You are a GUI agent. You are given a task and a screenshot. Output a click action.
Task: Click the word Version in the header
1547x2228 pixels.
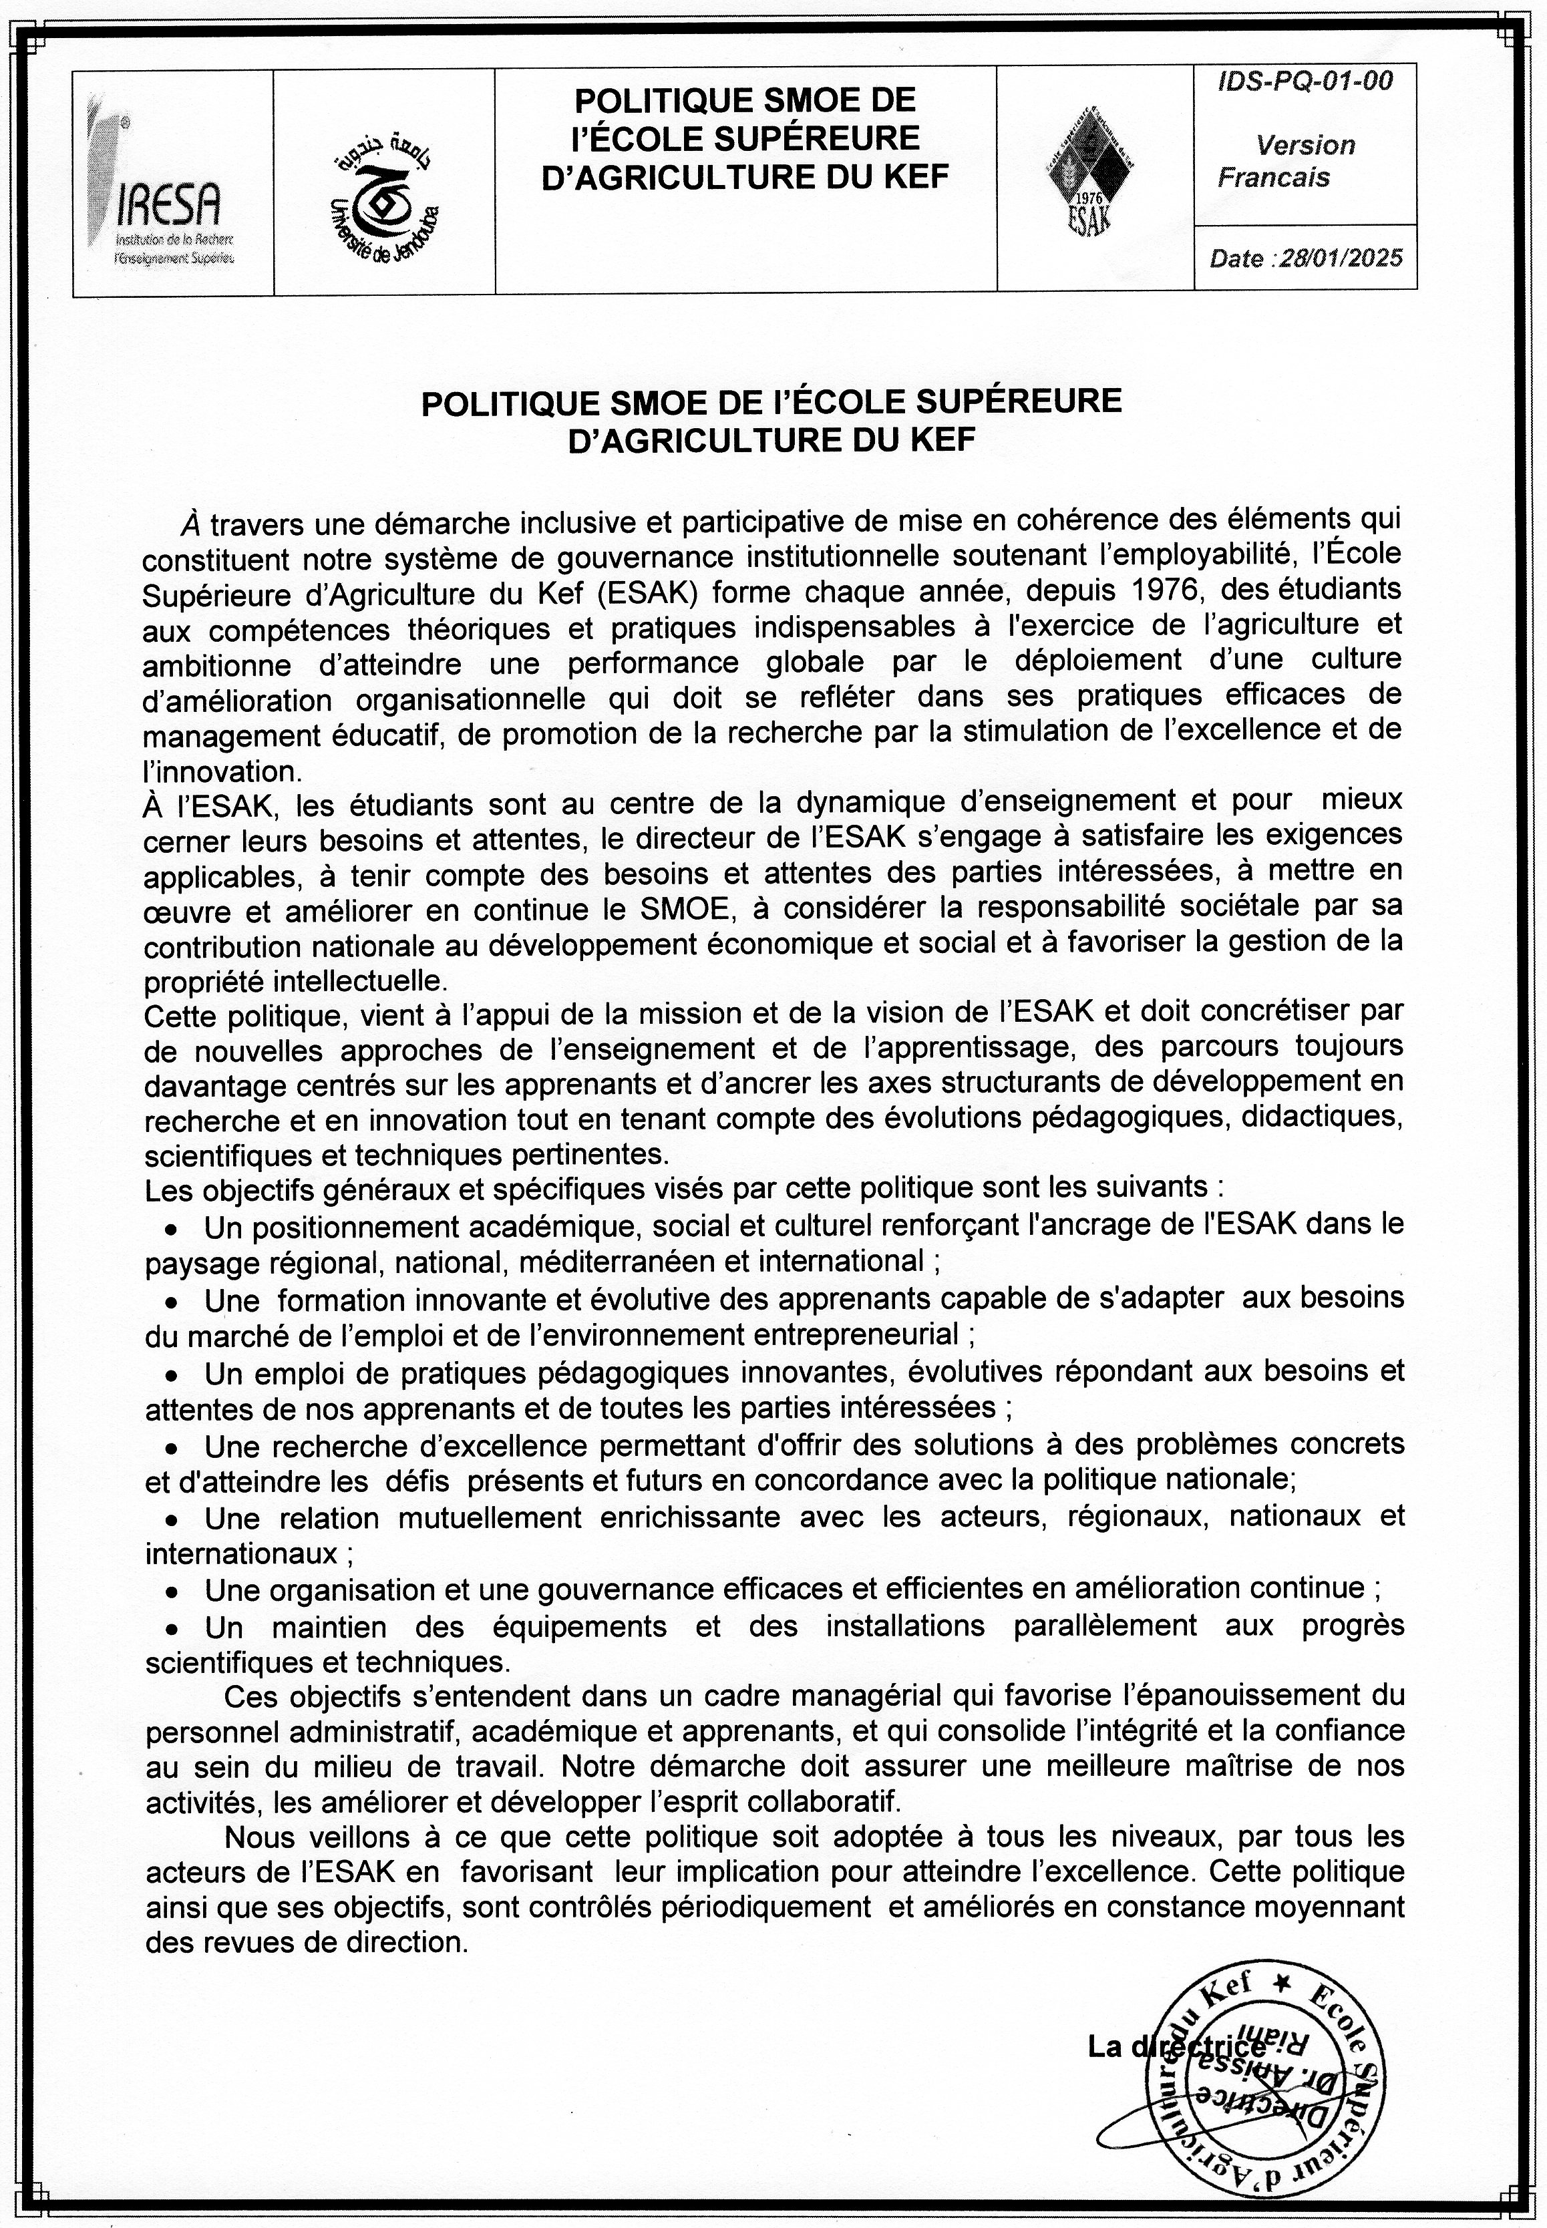tap(1305, 146)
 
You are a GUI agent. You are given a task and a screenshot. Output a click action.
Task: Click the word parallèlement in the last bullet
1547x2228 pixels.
tap(1105, 1626)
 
